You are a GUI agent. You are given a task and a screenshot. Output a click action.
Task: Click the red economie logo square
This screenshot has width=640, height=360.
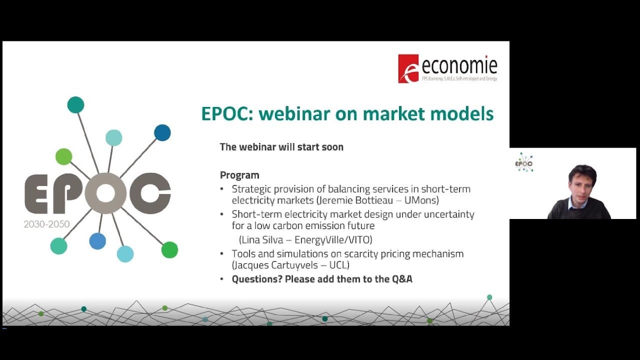(x=408, y=68)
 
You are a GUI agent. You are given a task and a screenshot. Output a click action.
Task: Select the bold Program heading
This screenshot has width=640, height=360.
(x=239, y=175)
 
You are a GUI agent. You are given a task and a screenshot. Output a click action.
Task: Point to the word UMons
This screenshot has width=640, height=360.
(x=421, y=200)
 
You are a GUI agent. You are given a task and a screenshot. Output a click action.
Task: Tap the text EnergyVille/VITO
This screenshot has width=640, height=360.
(x=333, y=239)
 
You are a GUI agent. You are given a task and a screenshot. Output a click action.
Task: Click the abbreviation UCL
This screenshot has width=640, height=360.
(x=339, y=265)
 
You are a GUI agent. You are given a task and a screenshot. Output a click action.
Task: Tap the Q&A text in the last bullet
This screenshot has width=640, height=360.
(x=402, y=279)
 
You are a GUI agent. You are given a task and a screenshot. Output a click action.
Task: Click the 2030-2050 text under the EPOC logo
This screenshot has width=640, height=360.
(x=46, y=224)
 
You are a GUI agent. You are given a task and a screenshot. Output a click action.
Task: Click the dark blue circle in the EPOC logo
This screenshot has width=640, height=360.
(x=162, y=132)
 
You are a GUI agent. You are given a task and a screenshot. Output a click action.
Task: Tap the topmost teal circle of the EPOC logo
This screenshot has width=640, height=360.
(x=75, y=105)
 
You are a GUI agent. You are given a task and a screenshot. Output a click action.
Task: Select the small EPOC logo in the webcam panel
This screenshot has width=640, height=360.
(x=524, y=162)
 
